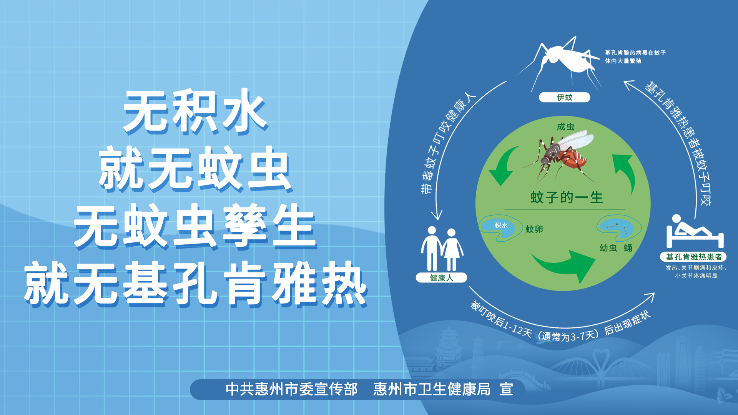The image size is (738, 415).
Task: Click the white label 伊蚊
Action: click(564, 97)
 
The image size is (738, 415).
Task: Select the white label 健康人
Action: click(441, 277)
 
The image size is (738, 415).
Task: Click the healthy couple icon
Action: click(442, 249)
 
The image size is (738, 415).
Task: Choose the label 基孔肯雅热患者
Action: click(693, 257)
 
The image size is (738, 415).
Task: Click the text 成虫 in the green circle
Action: click(565, 127)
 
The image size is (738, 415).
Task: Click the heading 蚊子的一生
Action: click(567, 198)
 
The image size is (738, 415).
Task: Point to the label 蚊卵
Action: click(534, 229)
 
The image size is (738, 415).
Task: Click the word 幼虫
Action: click(608, 248)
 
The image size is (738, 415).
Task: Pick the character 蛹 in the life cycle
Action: click(628, 248)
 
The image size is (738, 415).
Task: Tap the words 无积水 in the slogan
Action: click(195, 112)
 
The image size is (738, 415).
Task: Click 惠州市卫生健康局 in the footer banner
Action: click(432, 389)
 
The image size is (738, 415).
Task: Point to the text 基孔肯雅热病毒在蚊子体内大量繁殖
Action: click(635, 56)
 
